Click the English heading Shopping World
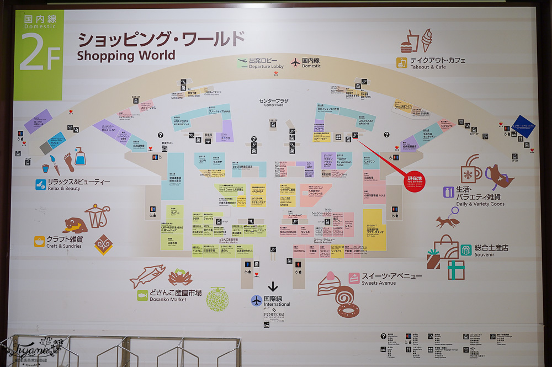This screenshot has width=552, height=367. click(x=126, y=55)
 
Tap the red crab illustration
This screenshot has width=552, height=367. click(x=180, y=275)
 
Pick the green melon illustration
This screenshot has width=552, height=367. click(x=217, y=300)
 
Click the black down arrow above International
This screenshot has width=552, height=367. click(x=273, y=287)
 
